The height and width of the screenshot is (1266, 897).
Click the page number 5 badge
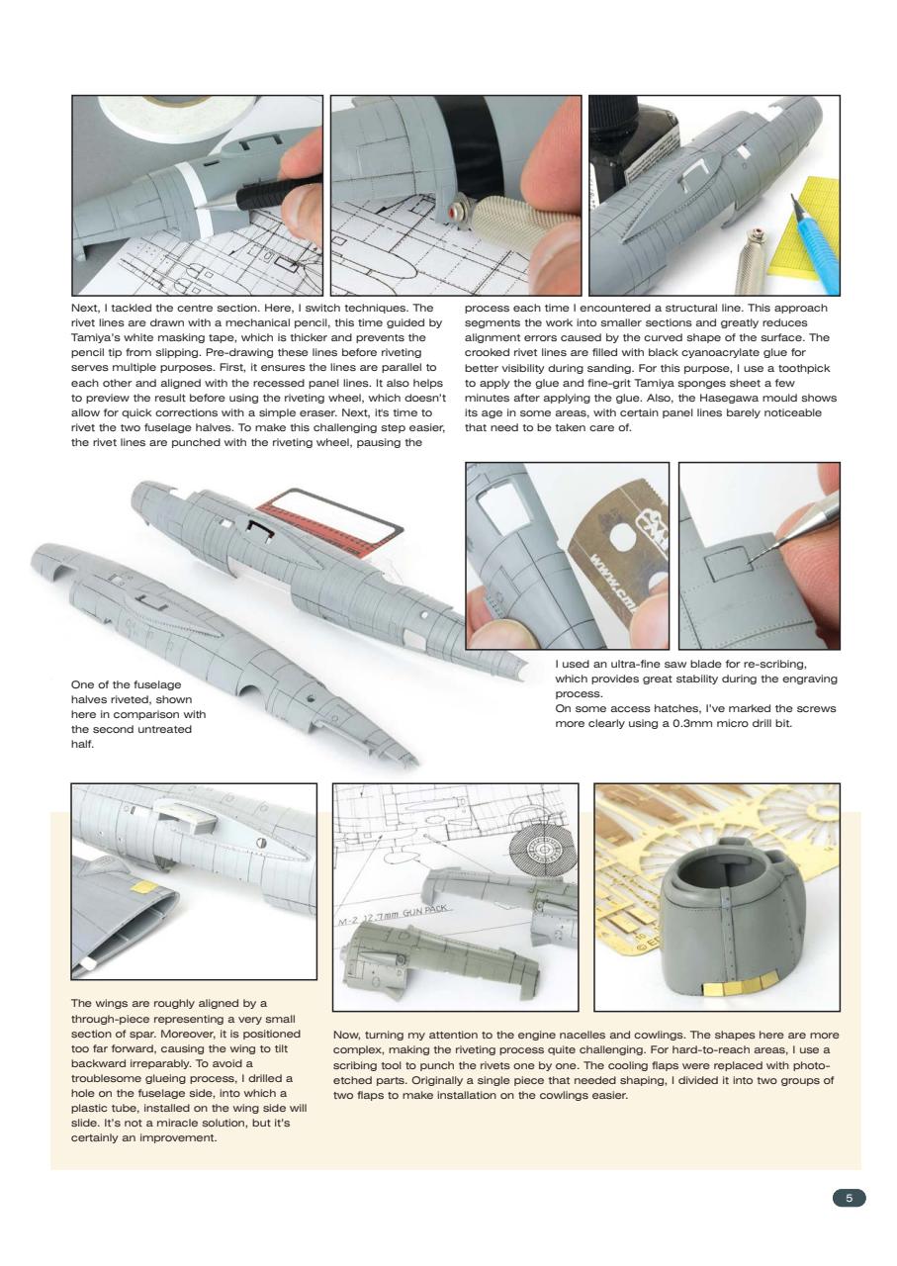point(848,1198)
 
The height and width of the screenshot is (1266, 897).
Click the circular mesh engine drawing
point(543,851)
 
